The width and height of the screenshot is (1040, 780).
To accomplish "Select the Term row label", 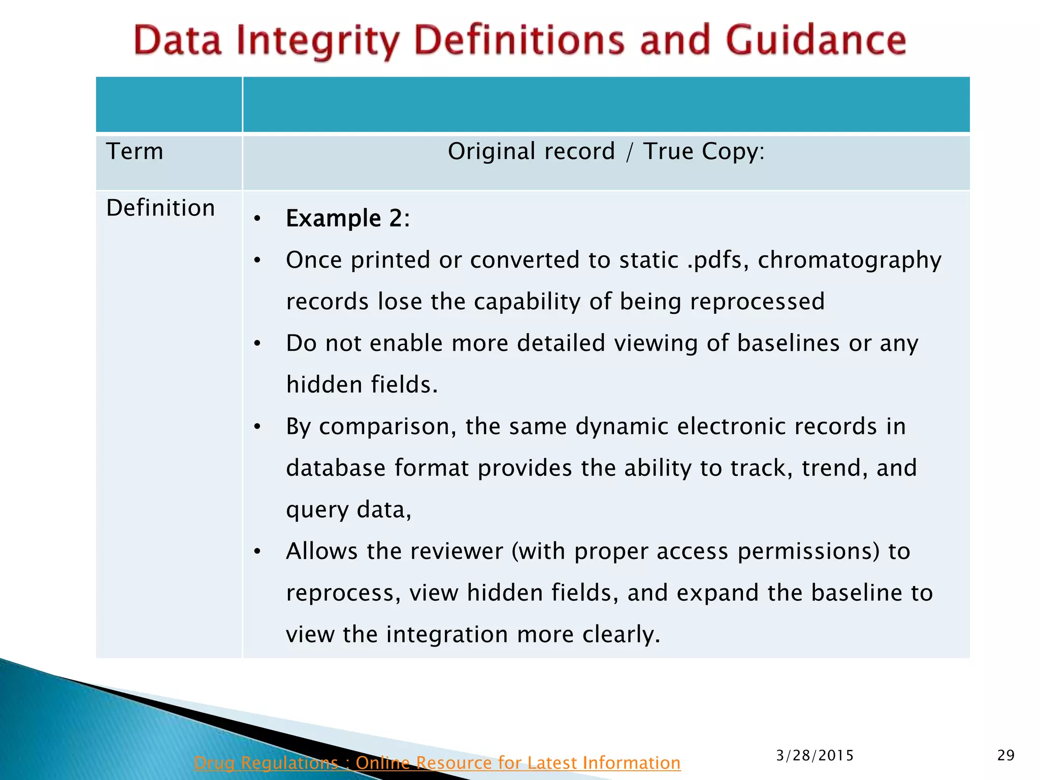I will pos(135,151).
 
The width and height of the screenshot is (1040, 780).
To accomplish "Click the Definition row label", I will pos(160,208).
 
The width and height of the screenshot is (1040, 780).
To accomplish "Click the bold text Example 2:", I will pos(347,219).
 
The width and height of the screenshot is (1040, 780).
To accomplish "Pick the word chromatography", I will pos(850,260).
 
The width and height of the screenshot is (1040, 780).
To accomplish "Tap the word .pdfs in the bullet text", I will pos(718,260).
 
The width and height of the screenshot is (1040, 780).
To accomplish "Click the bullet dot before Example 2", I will pos(257,219).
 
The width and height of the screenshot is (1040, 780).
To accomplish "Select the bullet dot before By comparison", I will pos(257,427).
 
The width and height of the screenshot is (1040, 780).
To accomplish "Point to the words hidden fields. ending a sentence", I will pos(362,385).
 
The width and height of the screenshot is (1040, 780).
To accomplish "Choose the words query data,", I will pos(348,510).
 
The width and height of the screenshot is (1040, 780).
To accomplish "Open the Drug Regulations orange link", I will pos(437,763).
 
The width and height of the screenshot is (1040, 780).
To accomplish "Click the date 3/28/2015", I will pos(815,756).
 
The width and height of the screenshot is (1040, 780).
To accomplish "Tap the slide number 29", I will pos(1005,756).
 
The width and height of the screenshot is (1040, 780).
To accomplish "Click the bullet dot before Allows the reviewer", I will pos(257,551).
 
